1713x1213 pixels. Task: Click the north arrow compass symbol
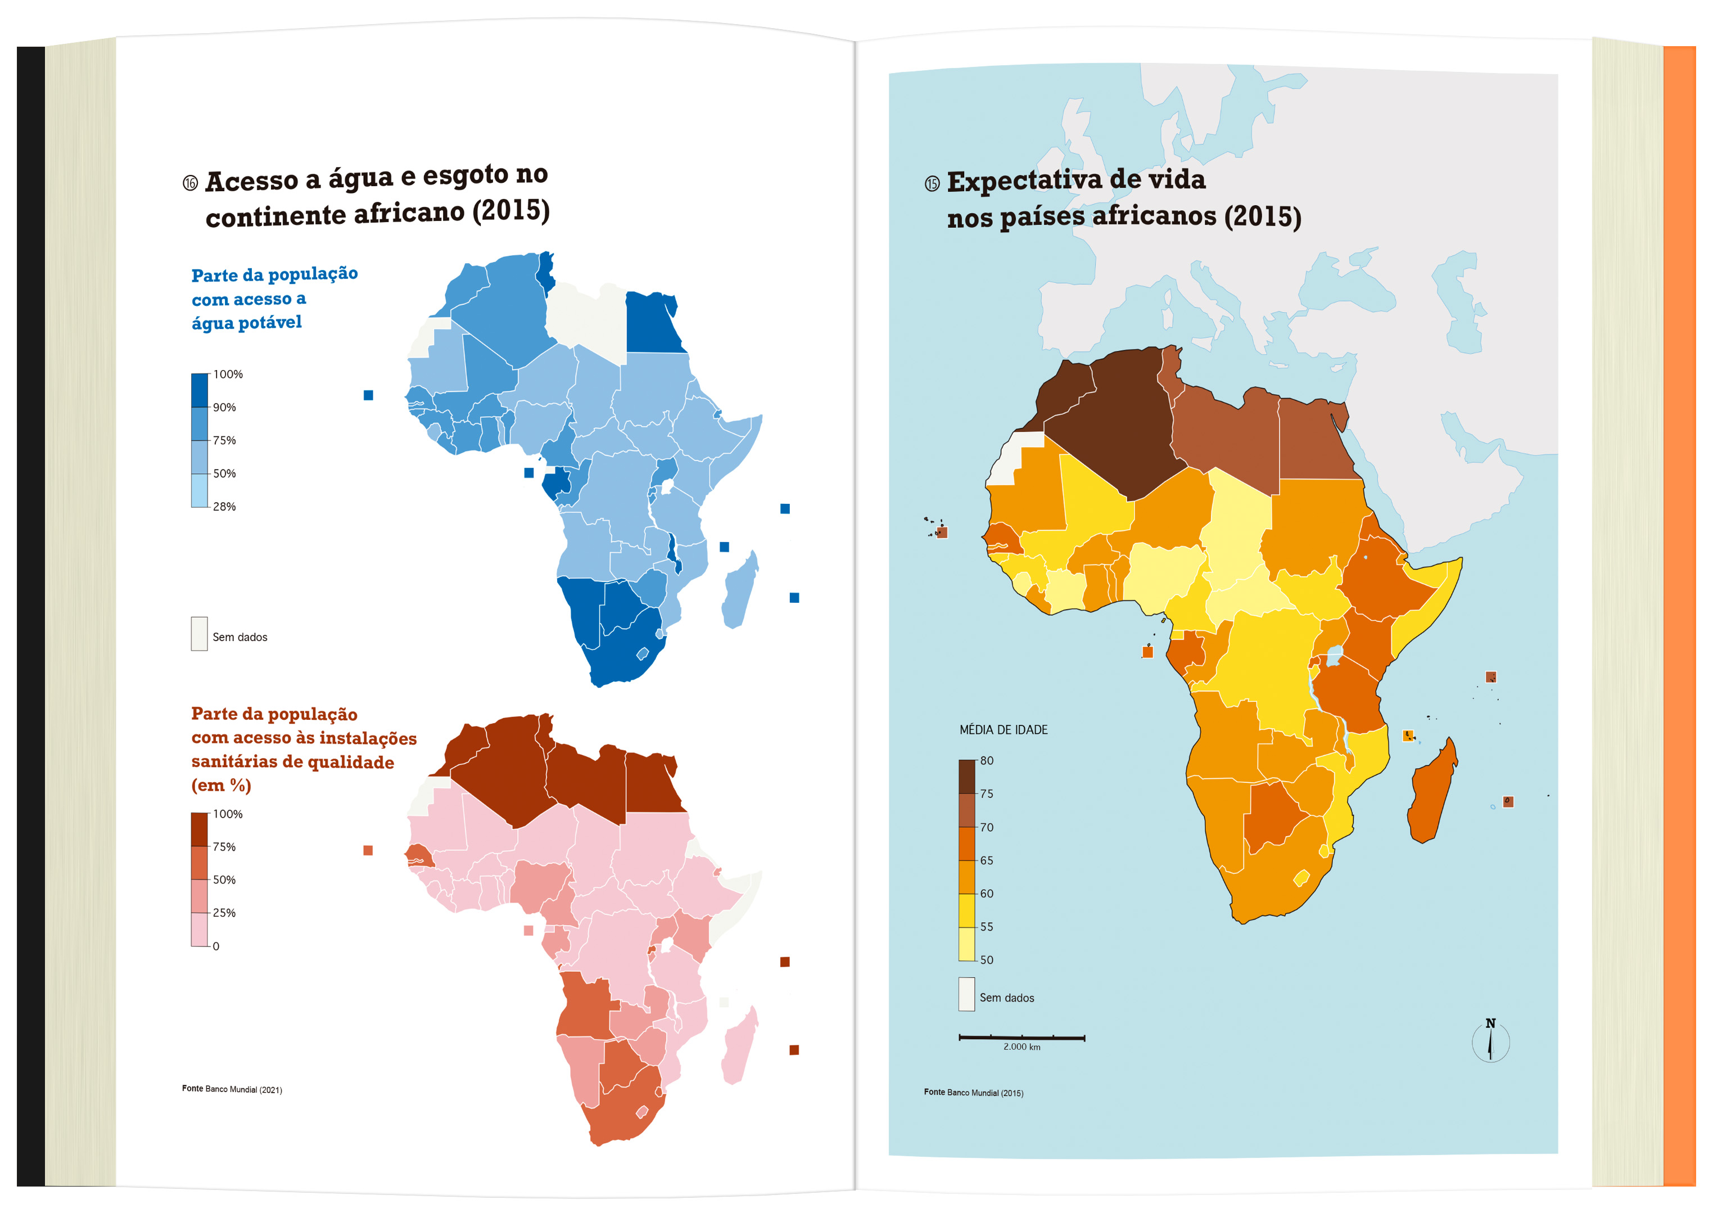[x=1490, y=1040]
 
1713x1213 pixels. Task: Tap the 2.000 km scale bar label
[x=1021, y=1047]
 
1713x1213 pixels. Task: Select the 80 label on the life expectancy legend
[x=987, y=760]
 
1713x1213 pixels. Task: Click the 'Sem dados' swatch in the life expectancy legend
[x=966, y=994]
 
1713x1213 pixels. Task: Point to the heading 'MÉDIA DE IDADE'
[x=1003, y=730]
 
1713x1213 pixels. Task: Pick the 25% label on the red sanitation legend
[x=224, y=913]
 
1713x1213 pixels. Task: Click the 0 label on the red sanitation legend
[x=216, y=946]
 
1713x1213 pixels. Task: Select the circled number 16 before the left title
[x=191, y=183]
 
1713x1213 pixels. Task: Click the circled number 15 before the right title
[x=932, y=184]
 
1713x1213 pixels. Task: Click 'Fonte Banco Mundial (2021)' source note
[x=232, y=1089]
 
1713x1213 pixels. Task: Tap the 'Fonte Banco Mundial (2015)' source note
[x=973, y=1092]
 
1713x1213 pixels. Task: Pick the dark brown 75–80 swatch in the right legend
[x=967, y=777]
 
